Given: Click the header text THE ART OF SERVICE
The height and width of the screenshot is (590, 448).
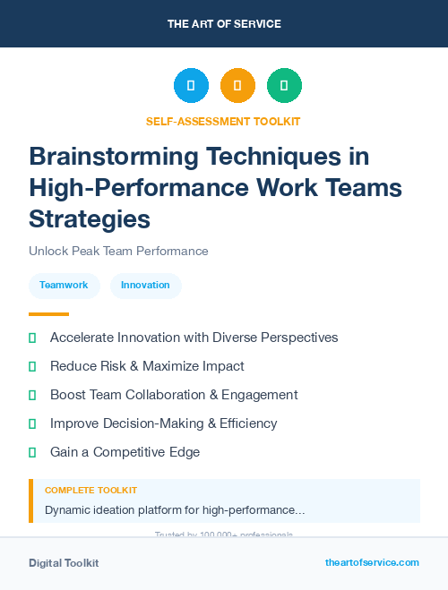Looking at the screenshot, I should [224, 23].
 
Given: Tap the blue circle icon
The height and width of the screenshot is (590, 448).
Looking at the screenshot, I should [191, 86].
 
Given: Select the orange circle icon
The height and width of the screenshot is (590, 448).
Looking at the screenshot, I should [237, 86].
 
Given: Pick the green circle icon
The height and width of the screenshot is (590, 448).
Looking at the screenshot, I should [284, 86].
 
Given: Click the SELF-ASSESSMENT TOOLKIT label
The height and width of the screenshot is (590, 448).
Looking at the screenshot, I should [223, 121].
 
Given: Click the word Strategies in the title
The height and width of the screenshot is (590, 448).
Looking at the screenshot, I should [90, 218].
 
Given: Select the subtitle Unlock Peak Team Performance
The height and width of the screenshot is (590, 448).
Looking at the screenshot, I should [118, 251].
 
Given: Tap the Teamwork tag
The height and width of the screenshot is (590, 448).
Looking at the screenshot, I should [64, 285].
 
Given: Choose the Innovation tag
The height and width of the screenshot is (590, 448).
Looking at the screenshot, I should [145, 285].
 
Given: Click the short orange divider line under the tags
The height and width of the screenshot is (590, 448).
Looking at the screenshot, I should [48, 314].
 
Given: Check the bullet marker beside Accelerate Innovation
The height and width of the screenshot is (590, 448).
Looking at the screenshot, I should [32, 338].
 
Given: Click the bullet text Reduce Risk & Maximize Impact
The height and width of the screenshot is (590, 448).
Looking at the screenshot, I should [147, 366].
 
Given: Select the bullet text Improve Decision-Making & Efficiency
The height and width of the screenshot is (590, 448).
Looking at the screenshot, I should [164, 423].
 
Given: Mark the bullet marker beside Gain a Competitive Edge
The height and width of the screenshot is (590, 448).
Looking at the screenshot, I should [32, 452].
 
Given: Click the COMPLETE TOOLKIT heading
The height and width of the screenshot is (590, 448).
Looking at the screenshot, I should [90, 491].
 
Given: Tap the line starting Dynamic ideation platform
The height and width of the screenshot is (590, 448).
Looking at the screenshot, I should [175, 510].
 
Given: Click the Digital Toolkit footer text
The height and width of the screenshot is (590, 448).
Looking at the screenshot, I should [64, 563].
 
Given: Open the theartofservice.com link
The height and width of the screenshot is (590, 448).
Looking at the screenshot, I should [372, 562].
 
